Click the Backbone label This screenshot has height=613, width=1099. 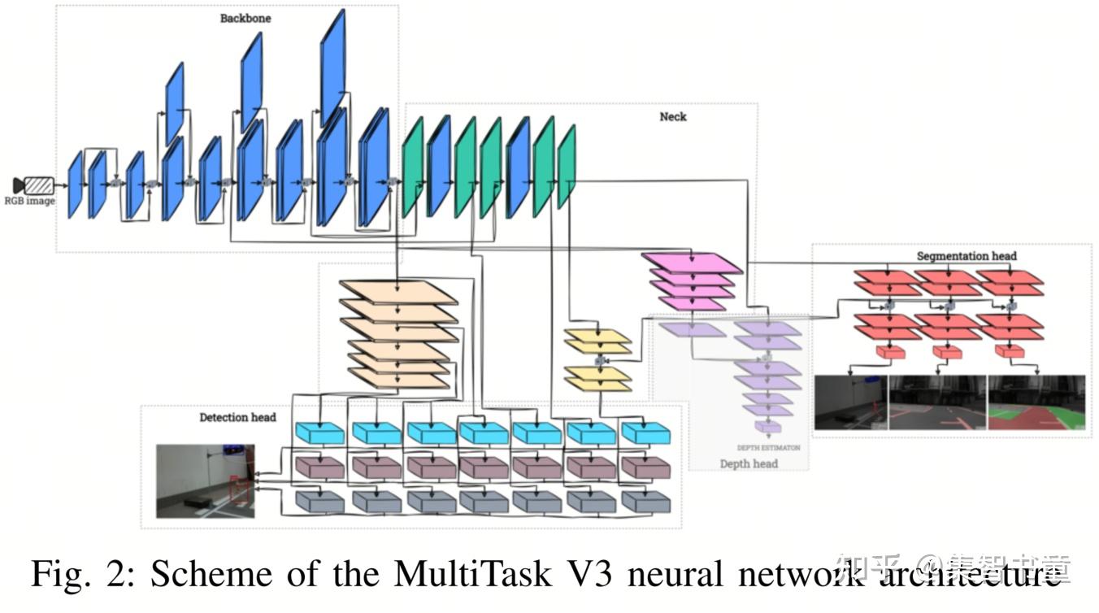(x=245, y=18)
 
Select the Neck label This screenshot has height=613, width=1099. (x=672, y=116)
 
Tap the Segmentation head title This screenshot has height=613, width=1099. (x=967, y=255)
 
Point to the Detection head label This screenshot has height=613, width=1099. (x=237, y=417)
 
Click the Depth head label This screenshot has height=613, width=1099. (x=749, y=463)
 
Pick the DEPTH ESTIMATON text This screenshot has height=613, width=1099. (x=768, y=447)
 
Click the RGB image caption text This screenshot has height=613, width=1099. (x=29, y=201)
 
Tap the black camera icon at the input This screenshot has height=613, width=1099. (x=19, y=185)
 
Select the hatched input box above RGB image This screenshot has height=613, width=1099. (x=39, y=185)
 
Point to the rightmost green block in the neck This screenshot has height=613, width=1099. (x=567, y=167)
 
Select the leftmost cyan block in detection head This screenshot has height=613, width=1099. (x=319, y=433)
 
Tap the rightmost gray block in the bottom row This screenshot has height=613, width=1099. (x=645, y=502)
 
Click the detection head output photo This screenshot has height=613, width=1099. (x=206, y=480)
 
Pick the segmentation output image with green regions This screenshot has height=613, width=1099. (x=1036, y=402)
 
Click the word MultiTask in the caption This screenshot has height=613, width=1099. (x=481, y=574)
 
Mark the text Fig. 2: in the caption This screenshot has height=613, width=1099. (x=85, y=574)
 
